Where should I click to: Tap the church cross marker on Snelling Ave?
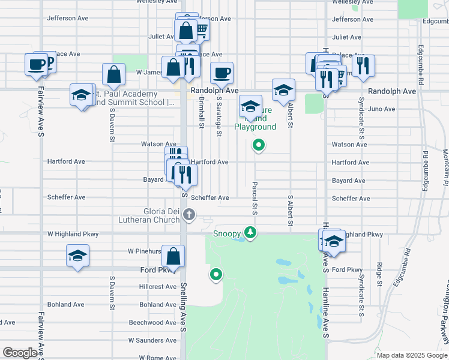tap(188, 215)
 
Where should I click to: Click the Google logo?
tap(20, 353)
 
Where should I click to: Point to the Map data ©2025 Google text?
tap(411, 355)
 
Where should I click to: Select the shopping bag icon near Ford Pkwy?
tap(173, 257)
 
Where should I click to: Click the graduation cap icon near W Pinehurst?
tap(77, 256)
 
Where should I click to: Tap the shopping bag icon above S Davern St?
tap(113, 75)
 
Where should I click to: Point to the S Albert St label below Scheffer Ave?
tap(291, 211)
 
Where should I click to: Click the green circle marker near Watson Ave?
tap(259, 145)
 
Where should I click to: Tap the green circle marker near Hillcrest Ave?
tap(215, 275)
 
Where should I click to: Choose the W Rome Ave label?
tap(152, 358)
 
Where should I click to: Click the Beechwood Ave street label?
tap(153, 322)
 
